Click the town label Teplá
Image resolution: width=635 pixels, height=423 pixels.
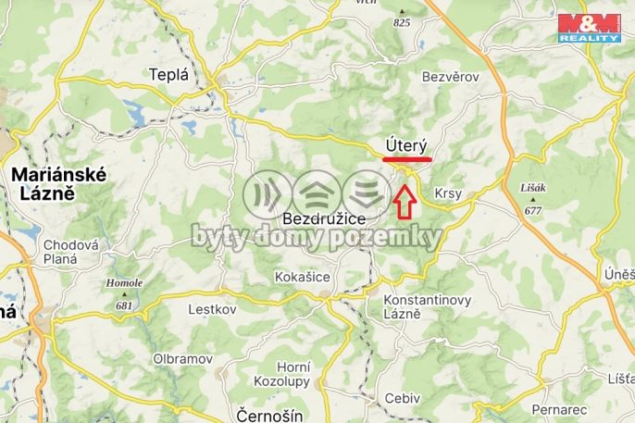168,76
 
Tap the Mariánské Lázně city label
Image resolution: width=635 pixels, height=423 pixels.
58,184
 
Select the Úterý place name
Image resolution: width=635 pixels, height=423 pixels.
405,145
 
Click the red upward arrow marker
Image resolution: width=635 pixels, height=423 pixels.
405,201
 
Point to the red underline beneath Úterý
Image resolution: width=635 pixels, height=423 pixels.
406,160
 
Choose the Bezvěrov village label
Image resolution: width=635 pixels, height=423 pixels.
450,78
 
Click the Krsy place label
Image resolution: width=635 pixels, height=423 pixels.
447,193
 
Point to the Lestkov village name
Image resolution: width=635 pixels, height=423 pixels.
213,309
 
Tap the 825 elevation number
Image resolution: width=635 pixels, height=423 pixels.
401,21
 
